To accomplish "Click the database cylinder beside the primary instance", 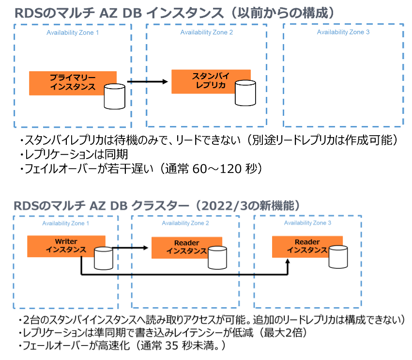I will tap(115, 96).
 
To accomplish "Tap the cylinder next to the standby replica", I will tap(246, 93).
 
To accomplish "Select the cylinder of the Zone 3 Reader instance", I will tap(338, 255).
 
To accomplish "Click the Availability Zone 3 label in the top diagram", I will tap(343, 32).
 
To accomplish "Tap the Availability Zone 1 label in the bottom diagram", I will tap(66, 223).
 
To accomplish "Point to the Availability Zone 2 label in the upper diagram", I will tap(206, 32).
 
